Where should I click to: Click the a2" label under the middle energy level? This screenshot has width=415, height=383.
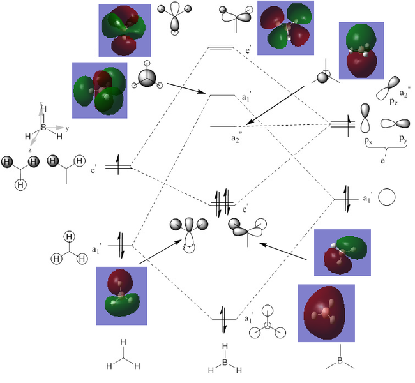[238, 136]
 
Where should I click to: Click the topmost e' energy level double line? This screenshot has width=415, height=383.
[221, 49]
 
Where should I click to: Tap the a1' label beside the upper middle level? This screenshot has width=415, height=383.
[245, 98]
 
